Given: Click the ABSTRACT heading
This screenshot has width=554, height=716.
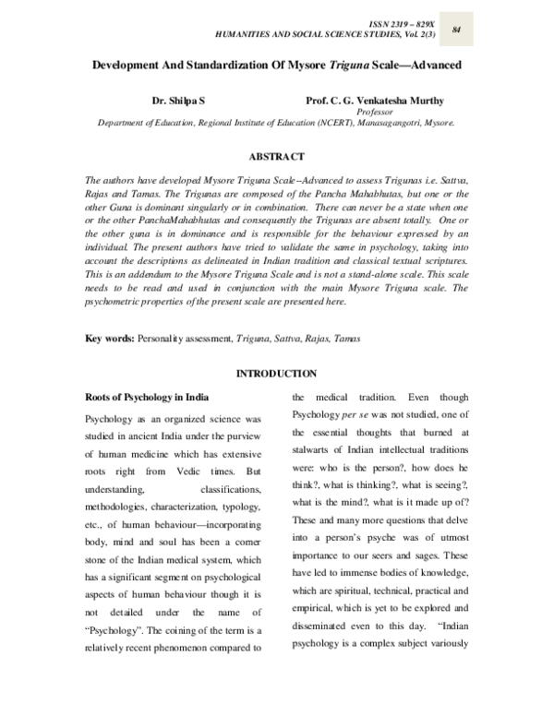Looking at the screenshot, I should pyautogui.click(x=276, y=157).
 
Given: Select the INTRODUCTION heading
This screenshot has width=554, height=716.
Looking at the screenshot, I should pyautogui.click(x=277, y=373).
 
